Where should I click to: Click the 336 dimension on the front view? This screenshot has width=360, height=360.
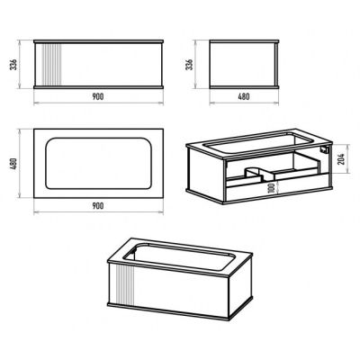tap(14, 64)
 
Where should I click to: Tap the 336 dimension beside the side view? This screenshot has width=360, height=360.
tap(190, 64)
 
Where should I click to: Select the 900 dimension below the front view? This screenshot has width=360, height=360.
tap(98, 96)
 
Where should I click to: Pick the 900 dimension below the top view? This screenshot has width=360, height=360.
tap(98, 206)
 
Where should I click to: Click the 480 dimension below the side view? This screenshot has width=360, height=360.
tap(244, 96)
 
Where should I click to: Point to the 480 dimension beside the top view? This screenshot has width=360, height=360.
tap(14, 164)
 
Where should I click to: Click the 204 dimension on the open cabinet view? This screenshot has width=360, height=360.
tap(341, 159)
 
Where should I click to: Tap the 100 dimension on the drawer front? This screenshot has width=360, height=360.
tap(272, 188)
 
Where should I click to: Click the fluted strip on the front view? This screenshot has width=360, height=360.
tap(52, 65)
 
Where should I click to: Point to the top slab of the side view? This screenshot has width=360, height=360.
tap(244, 41)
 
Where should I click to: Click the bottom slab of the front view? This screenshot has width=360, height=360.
tap(98, 87)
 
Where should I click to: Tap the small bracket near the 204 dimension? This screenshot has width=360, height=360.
tap(325, 149)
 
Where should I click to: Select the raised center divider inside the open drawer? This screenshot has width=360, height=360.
tap(254, 174)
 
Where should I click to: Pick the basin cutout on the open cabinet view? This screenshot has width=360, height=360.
tap(258, 142)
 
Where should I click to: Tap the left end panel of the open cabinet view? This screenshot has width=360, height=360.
tap(206, 175)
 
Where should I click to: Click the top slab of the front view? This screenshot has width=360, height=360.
tap(98, 41)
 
